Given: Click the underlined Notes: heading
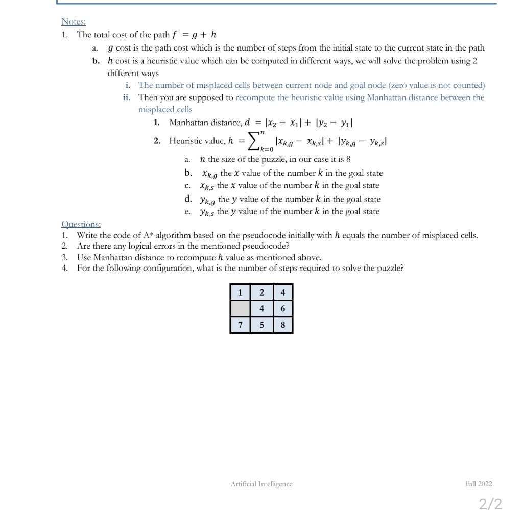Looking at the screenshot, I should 74,21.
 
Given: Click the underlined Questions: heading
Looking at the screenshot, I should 81,224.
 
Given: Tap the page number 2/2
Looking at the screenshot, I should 490,504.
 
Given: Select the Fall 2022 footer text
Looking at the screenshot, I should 479,483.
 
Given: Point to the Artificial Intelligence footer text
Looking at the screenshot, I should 261,483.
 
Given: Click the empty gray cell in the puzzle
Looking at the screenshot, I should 240,309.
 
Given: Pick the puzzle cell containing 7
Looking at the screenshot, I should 240,325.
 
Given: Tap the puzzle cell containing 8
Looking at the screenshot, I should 283,325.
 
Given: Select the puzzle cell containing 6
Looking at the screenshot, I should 283,309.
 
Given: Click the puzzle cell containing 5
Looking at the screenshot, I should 261,325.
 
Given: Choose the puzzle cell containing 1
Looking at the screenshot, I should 240,292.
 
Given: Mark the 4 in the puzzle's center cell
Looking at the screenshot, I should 261,309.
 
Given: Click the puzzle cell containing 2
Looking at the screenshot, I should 261,292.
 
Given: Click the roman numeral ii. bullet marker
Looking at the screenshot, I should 127,97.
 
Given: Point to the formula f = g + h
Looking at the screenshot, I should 195,35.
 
